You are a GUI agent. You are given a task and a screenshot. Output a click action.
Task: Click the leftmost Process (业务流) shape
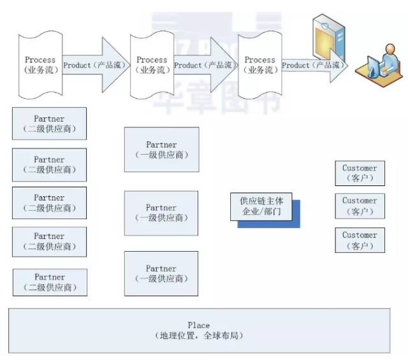[40, 65]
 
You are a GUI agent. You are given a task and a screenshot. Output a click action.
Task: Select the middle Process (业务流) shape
[152, 65]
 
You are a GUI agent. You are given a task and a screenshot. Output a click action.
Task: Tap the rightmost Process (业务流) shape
[259, 65]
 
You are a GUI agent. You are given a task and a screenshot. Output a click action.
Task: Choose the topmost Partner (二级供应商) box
[49, 124]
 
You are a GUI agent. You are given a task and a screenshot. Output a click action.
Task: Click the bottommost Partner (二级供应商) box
[49, 282]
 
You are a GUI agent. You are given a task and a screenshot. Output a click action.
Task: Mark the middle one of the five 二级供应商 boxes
[49, 203]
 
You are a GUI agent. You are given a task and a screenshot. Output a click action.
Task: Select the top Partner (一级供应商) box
[161, 150]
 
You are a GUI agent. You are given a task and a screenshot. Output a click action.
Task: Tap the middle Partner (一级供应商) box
[161, 212]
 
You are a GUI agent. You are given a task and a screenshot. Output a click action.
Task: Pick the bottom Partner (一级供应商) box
[161, 273]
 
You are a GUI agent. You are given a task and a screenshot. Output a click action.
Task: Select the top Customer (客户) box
[360, 173]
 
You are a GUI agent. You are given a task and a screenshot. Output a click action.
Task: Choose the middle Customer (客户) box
[360, 205]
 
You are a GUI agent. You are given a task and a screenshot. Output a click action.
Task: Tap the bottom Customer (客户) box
[360, 240]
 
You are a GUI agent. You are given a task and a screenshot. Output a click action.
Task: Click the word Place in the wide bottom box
[199, 325]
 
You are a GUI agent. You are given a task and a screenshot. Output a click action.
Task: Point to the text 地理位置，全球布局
[199, 335]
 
